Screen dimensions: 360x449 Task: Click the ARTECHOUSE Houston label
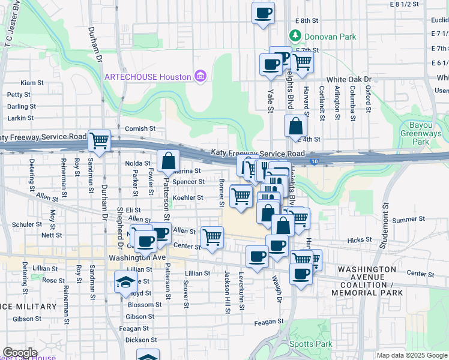click(x=148, y=77)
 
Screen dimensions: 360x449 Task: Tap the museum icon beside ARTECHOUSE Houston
click(x=200, y=76)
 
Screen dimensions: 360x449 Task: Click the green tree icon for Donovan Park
click(x=295, y=36)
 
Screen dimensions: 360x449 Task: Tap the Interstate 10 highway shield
click(x=315, y=160)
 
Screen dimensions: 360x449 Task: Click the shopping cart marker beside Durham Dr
click(x=99, y=141)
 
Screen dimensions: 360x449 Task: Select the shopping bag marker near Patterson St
click(x=169, y=160)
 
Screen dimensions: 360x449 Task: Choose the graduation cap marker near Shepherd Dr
click(x=125, y=282)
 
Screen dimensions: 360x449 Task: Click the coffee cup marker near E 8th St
click(x=262, y=13)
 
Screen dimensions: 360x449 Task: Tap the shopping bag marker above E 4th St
click(x=295, y=126)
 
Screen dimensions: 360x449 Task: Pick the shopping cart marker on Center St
click(x=212, y=237)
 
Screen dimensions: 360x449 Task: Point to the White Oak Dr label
click(x=349, y=79)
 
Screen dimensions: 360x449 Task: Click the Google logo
click(x=19, y=353)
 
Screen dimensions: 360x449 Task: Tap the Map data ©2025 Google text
click(x=412, y=356)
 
